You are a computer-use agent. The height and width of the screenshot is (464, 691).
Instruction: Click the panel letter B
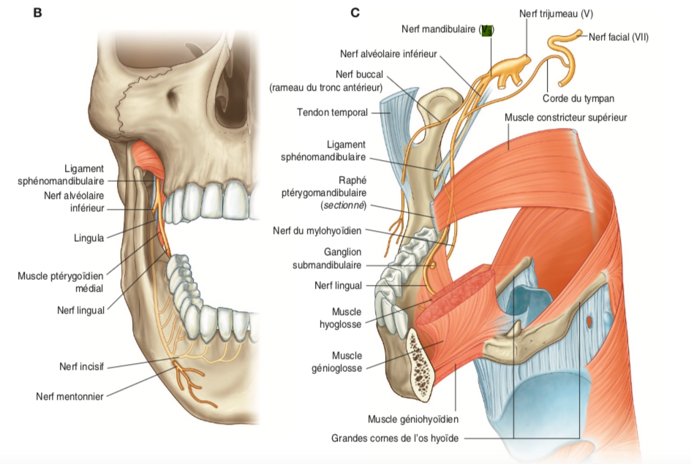coord(37,12)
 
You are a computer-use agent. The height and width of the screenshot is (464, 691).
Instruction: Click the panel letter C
coord(355,12)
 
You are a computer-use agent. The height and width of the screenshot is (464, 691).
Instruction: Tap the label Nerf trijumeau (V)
coord(556,12)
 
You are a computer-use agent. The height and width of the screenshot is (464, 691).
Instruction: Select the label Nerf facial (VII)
coord(619,37)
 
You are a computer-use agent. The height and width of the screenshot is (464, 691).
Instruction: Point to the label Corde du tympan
coord(578,98)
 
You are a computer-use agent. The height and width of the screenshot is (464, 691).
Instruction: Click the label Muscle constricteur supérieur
coord(565,117)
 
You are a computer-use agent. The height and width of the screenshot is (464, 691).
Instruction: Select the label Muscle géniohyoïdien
coord(414,419)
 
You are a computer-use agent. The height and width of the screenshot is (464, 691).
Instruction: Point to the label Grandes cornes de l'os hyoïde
coord(395,438)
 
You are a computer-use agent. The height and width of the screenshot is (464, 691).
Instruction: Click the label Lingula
coord(88,237)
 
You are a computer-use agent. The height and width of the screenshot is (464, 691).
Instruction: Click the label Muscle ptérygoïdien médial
coord(61,282)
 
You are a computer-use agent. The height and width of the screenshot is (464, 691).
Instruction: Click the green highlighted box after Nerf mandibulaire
coord(487,29)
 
